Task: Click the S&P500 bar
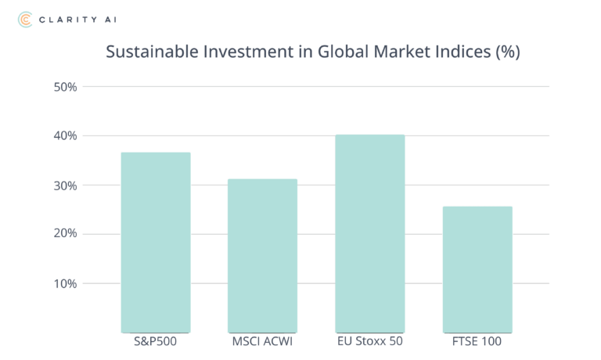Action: pos(155,242)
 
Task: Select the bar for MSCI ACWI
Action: pos(262,256)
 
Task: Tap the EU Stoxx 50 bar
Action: pos(369,233)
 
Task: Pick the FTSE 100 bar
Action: pos(477,269)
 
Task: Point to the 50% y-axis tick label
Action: pos(65,87)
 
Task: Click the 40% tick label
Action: pos(65,136)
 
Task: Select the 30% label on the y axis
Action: pos(65,185)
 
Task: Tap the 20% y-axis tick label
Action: pos(65,235)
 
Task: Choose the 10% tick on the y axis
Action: pos(65,283)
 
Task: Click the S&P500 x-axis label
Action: pos(155,342)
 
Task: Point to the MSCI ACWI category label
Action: pos(262,342)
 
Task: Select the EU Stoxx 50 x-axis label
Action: pos(369,342)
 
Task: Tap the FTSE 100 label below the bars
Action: pos(477,342)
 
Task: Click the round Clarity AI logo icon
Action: pos(26,18)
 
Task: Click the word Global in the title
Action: pos(334,53)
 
